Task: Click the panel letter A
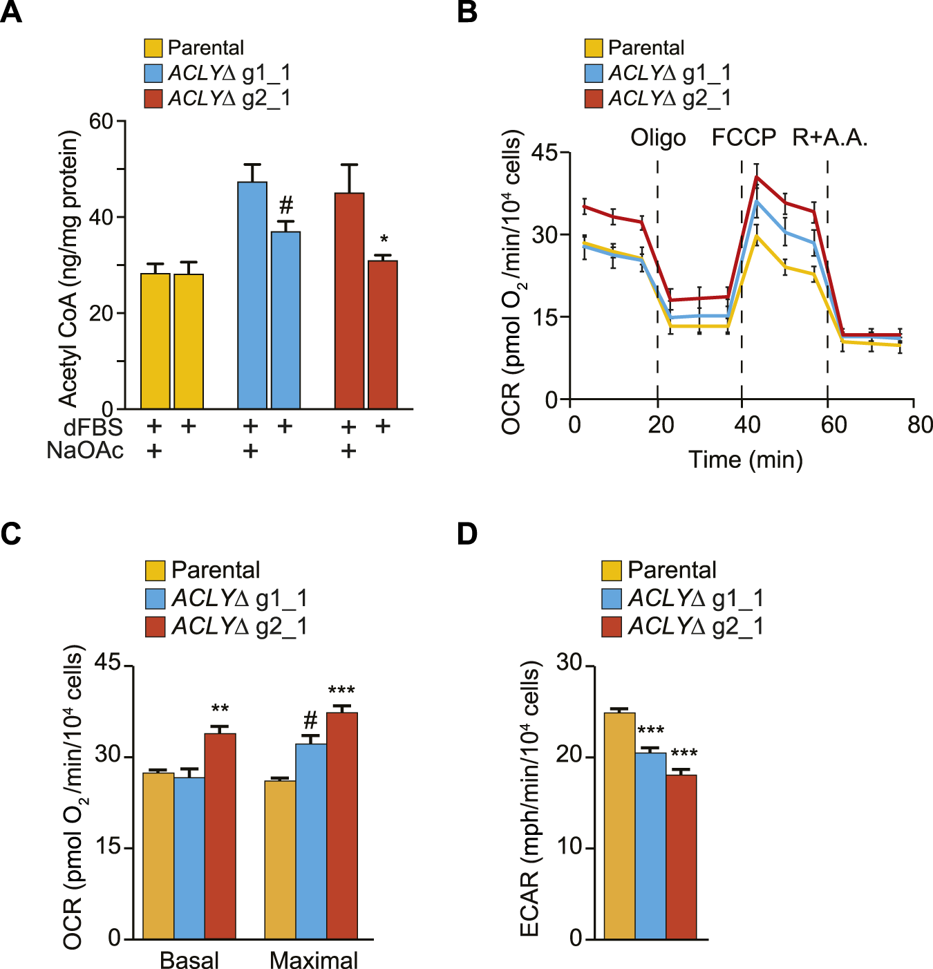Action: tap(11, 12)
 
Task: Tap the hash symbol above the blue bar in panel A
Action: tap(286, 205)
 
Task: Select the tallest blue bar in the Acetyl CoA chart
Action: tap(252, 295)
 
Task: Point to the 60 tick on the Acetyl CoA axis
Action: tap(101, 122)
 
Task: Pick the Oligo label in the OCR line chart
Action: tap(658, 138)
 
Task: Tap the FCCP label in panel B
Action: tap(744, 138)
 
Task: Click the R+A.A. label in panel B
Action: tap(829, 138)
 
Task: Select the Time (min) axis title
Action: tap(746, 460)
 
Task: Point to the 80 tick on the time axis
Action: tap(920, 424)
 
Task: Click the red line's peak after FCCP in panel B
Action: tap(757, 177)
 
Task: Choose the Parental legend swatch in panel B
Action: tap(594, 48)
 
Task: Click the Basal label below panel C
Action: tap(189, 960)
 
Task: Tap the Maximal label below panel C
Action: tap(314, 960)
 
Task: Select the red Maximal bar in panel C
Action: tap(342, 825)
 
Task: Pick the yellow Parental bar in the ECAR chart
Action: tap(620, 825)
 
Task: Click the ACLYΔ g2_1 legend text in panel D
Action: tap(696, 626)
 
